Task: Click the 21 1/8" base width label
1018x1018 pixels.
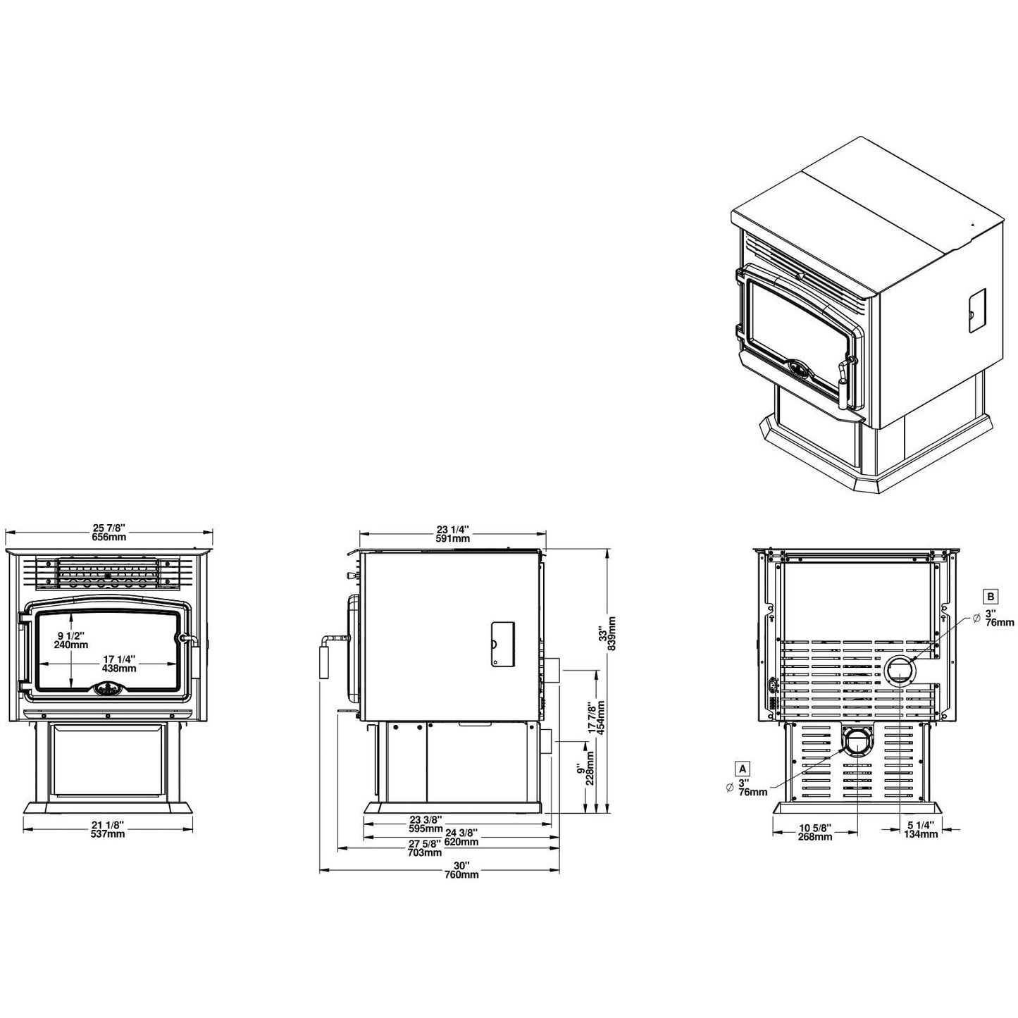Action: tap(108, 825)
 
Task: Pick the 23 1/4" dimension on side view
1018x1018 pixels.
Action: tap(452, 529)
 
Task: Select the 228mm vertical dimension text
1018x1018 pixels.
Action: tap(590, 772)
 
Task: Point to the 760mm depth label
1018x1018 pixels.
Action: tap(461, 875)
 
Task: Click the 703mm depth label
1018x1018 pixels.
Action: tap(425, 852)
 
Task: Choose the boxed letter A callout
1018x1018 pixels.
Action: tap(742, 766)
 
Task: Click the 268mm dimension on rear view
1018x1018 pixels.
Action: tap(815, 837)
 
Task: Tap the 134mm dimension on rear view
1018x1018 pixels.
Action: tap(920, 834)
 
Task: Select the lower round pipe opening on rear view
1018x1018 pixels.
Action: tap(857, 743)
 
